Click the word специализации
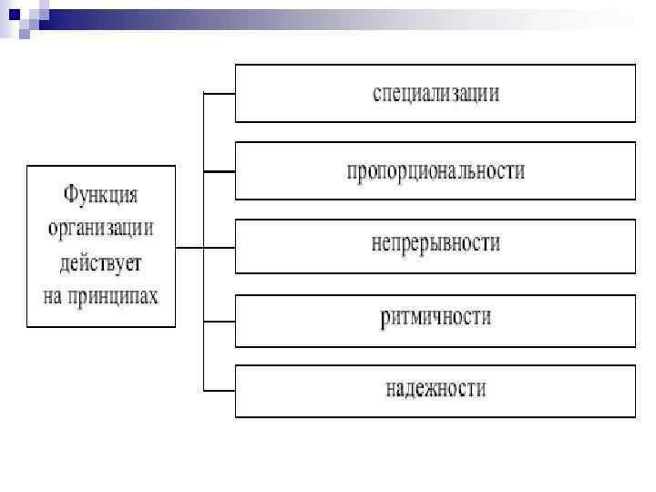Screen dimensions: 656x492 [x=436, y=94]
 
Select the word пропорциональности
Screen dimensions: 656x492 [x=436, y=170]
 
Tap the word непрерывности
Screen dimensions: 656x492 [x=436, y=243]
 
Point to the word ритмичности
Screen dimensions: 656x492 [x=436, y=317]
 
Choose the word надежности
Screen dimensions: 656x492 [x=436, y=390]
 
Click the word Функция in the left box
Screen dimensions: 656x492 [x=100, y=195]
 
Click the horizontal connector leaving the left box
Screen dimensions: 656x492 [x=189, y=247]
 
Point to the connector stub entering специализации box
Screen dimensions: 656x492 [x=219, y=94]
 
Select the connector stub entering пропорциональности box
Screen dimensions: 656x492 [x=219, y=170]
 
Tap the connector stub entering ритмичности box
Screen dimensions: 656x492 [x=219, y=321]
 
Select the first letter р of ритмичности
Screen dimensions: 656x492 [x=385, y=318]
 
